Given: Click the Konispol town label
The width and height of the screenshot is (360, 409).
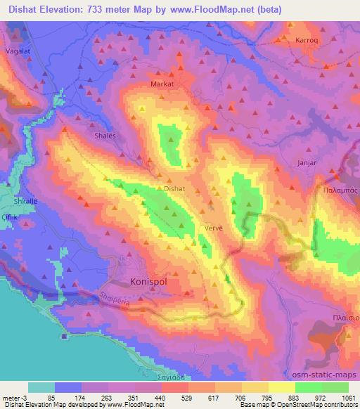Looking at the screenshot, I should click(150, 282).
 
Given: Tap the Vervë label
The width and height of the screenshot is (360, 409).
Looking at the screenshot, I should click(213, 228).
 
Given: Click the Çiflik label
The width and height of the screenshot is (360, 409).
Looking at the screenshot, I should click(9, 217).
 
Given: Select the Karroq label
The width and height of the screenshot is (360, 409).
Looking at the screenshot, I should click(313, 41).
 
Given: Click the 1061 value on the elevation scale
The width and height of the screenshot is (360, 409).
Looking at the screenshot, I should click(348, 397).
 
